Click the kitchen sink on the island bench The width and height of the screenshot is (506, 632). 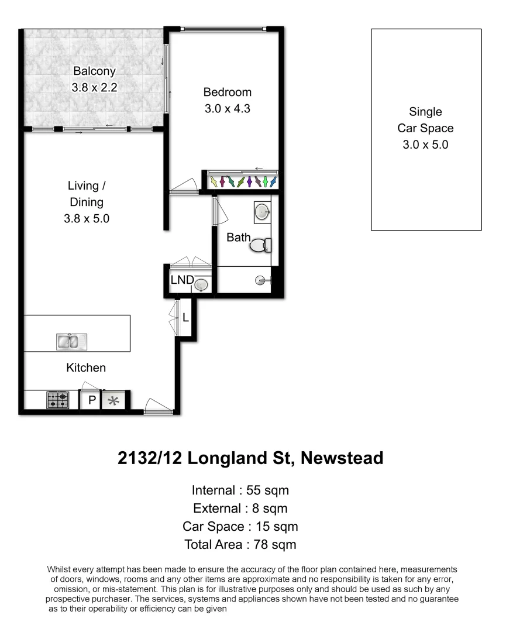67,341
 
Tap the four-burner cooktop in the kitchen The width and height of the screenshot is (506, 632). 57,400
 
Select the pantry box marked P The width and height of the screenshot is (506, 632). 91,401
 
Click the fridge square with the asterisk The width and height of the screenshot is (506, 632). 114,401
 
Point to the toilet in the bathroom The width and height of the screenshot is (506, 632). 261,245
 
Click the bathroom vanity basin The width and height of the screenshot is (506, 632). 261,212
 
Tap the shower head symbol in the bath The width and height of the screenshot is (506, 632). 261,281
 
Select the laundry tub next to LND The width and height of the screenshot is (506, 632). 201,284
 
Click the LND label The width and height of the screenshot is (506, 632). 182,280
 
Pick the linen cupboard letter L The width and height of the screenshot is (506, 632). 185,318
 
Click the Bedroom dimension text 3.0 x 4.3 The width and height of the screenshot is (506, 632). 227,108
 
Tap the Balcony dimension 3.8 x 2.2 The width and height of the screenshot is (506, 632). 94,87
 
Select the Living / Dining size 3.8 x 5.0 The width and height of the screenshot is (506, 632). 87,219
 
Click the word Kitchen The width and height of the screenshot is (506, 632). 86,368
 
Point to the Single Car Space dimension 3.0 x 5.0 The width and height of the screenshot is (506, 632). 425,145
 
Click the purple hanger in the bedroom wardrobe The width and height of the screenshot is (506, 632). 250,181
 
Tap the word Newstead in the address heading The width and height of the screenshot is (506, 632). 342,458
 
